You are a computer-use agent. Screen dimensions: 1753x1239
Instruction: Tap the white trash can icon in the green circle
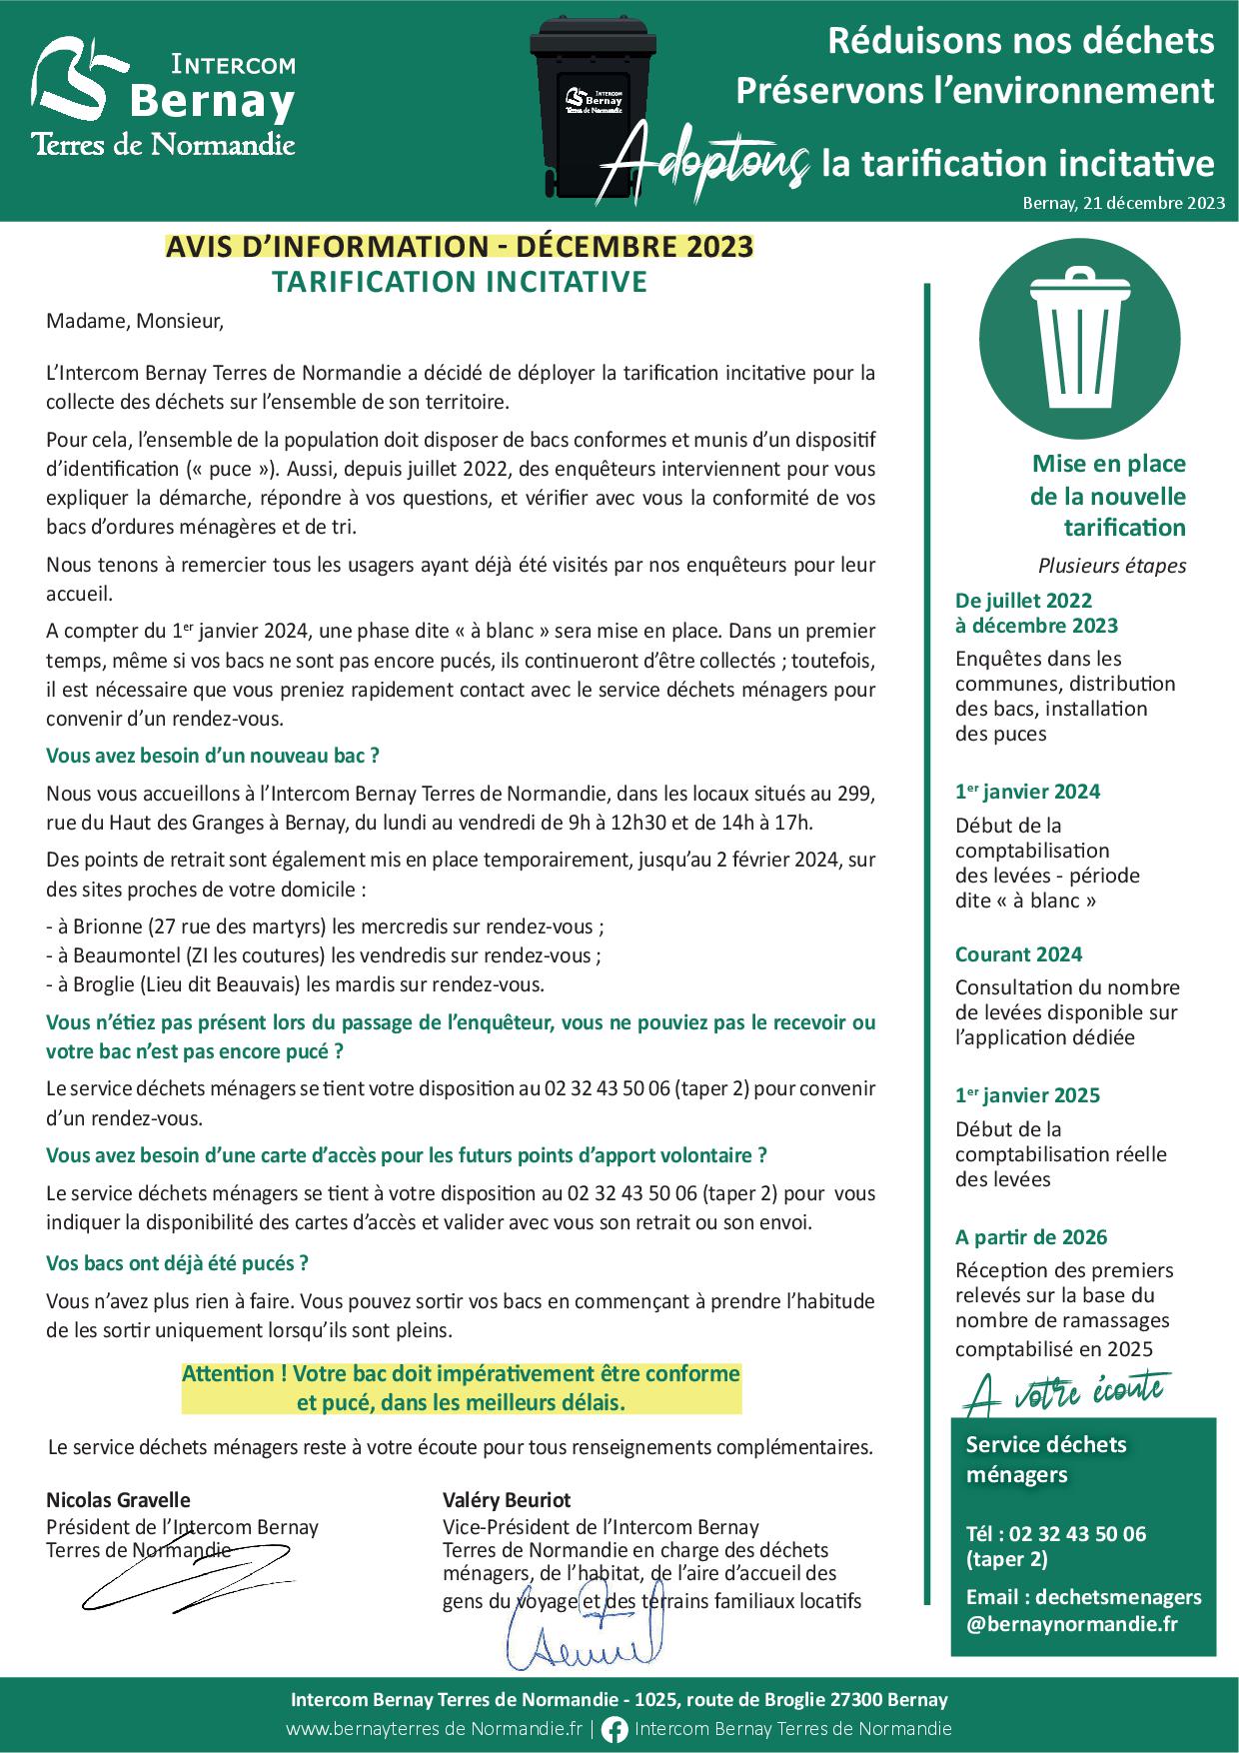1079,335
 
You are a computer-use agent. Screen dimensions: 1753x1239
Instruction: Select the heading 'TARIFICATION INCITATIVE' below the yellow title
460,282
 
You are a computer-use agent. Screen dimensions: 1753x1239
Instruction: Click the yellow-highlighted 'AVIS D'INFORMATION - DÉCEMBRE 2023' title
460,246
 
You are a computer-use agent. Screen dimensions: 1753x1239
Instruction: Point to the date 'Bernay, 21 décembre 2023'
1123,203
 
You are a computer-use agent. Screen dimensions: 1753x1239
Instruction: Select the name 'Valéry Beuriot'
507,1499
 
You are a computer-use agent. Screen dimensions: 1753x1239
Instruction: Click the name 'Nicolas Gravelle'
118,1499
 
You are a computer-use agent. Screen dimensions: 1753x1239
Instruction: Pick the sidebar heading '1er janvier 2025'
1027,1095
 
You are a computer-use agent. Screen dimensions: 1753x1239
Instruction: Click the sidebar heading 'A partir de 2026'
1031,1237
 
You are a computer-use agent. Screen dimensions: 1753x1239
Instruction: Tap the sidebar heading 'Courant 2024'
1018,954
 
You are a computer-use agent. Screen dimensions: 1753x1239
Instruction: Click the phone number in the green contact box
1056,1534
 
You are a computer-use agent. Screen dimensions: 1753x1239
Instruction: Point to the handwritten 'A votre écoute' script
1065,1391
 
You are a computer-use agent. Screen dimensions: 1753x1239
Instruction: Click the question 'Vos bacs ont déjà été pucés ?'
177,1263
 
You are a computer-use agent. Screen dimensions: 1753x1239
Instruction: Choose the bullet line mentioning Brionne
325,926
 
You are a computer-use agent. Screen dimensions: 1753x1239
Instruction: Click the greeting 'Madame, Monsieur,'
135,322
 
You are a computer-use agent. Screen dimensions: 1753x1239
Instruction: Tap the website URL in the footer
434,1729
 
